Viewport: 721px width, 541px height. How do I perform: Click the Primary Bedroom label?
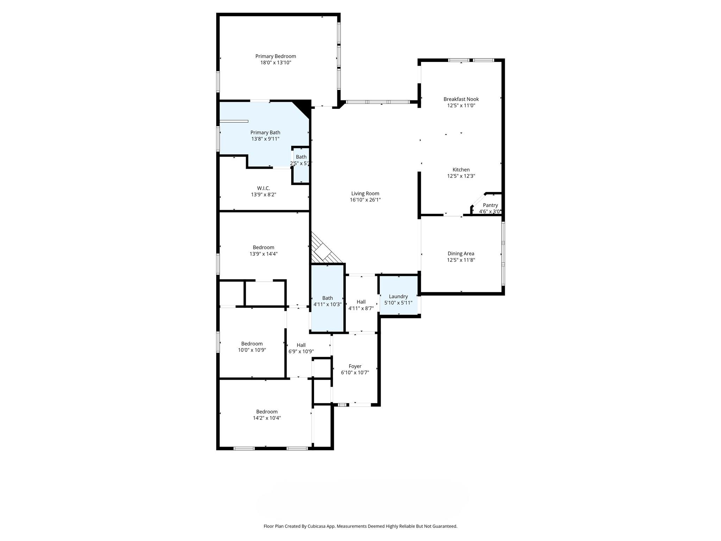(275, 56)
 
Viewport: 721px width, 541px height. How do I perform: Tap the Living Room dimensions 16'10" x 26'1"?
(365, 200)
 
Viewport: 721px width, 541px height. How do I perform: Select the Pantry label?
(490, 205)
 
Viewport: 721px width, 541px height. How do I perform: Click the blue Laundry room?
(398, 295)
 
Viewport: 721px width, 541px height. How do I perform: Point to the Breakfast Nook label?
(461, 99)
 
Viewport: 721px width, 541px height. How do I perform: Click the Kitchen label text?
(461, 170)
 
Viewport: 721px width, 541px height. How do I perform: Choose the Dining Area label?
(461, 254)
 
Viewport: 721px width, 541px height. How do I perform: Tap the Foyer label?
(355, 366)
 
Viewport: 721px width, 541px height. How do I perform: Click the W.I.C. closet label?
(263, 188)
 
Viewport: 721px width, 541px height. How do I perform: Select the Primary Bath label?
(265, 133)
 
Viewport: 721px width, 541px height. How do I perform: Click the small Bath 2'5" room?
(301, 166)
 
